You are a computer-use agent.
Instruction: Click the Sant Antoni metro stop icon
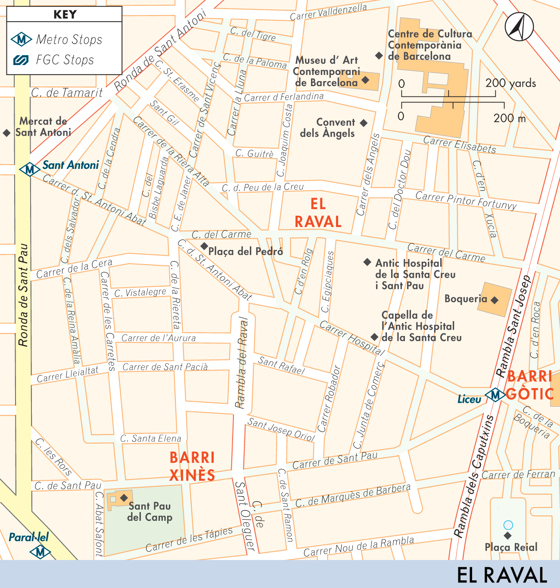(x=29, y=169)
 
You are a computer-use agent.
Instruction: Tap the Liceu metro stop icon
(x=495, y=395)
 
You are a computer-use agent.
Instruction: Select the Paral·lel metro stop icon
(x=40, y=552)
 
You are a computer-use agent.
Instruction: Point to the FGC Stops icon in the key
(x=21, y=60)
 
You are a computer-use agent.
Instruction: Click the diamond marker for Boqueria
(x=495, y=300)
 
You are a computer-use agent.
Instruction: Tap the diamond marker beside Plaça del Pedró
(x=204, y=246)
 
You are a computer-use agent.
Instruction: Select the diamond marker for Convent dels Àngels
(x=364, y=123)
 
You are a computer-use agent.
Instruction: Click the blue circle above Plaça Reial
(x=508, y=525)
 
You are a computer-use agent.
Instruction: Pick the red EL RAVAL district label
(x=318, y=213)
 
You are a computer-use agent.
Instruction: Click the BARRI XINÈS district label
(x=192, y=466)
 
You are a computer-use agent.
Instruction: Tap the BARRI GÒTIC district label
(x=530, y=385)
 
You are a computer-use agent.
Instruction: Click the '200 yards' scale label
(x=510, y=83)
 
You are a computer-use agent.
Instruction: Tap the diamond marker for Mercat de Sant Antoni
(x=6, y=133)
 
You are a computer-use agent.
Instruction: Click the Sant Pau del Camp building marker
(x=124, y=498)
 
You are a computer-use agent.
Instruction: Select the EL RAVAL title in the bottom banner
(x=501, y=575)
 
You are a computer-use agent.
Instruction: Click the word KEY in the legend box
(x=65, y=14)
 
